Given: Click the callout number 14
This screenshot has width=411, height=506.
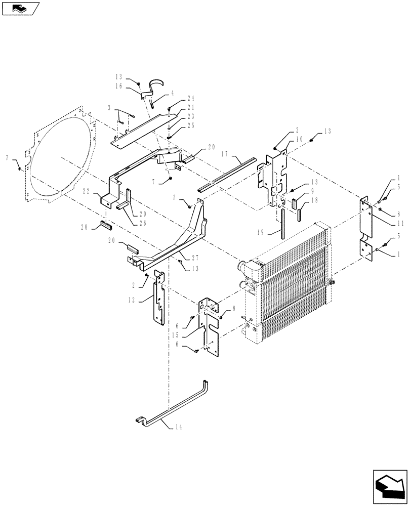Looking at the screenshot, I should [179, 427].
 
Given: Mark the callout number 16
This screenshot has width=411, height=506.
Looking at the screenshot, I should [118, 87].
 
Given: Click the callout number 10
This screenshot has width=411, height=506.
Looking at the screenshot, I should [299, 138].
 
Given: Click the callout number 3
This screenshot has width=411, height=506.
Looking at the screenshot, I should [109, 108].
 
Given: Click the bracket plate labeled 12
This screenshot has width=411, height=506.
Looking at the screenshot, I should [158, 301].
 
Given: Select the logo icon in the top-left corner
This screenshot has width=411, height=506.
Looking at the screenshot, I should [21, 8].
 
